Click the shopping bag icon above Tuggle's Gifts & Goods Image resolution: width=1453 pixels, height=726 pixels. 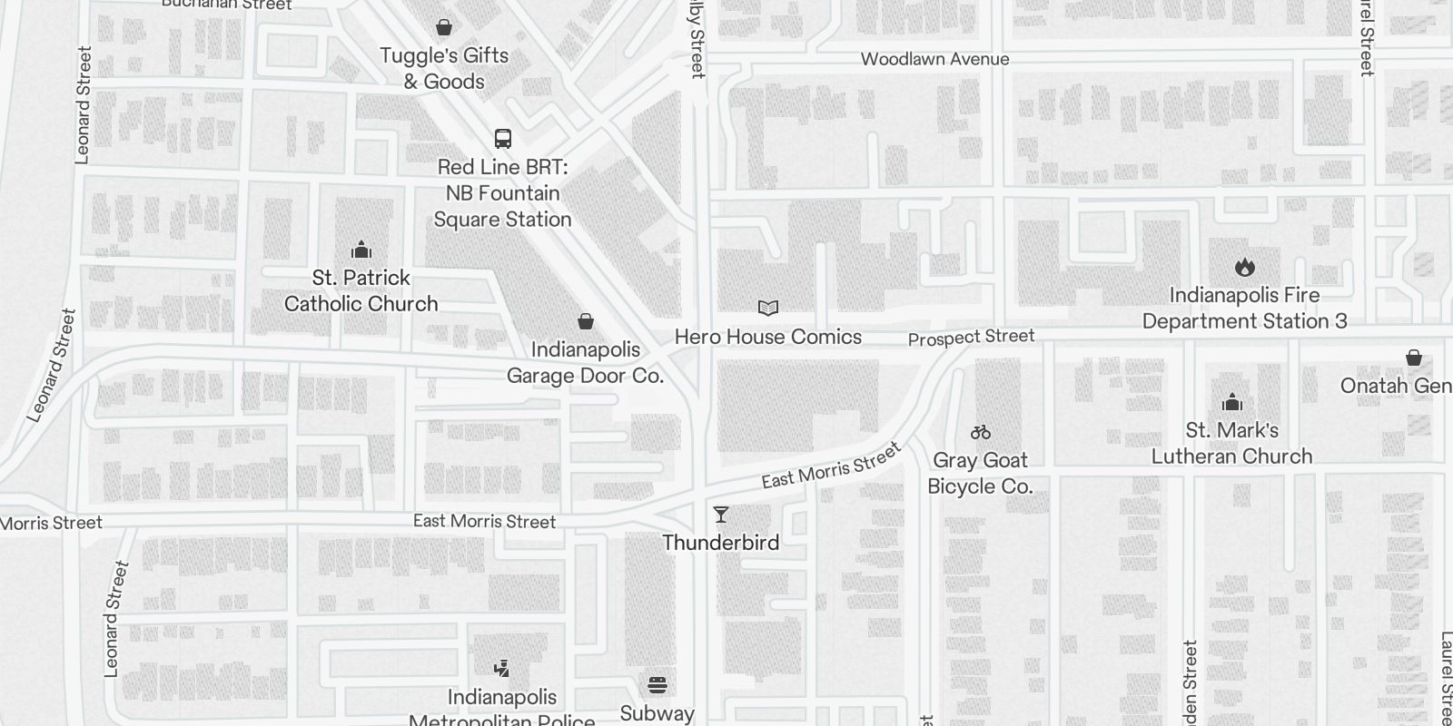(444, 28)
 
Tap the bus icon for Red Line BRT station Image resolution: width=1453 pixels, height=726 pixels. (503, 139)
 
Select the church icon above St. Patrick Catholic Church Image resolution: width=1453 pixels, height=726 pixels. (361, 250)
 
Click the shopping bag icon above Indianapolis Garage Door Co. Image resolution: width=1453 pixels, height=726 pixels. (586, 321)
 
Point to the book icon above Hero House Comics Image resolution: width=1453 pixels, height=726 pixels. (768, 309)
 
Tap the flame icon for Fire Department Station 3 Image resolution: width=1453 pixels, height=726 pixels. (1245, 267)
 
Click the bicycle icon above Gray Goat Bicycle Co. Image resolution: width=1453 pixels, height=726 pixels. (981, 432)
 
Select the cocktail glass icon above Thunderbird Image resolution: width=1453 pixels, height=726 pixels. (721, 515)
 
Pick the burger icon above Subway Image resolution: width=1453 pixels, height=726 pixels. (657, 684)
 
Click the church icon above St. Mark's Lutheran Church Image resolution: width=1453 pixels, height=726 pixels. (1232, 402)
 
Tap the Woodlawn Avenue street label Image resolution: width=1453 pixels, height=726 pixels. (934, 60)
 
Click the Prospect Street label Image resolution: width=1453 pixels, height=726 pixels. (971, 338)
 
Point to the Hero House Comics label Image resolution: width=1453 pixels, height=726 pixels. (768, 337)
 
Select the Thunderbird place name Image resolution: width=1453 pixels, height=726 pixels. (721, 543)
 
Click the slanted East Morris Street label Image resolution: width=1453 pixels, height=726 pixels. (831, 466)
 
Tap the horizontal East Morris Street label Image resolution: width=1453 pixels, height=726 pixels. (484, 521)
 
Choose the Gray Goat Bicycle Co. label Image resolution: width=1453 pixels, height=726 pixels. (980, 473)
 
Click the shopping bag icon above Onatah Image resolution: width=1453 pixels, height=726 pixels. (1414, 358)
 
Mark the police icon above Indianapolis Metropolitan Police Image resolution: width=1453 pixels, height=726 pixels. (501, 669)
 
